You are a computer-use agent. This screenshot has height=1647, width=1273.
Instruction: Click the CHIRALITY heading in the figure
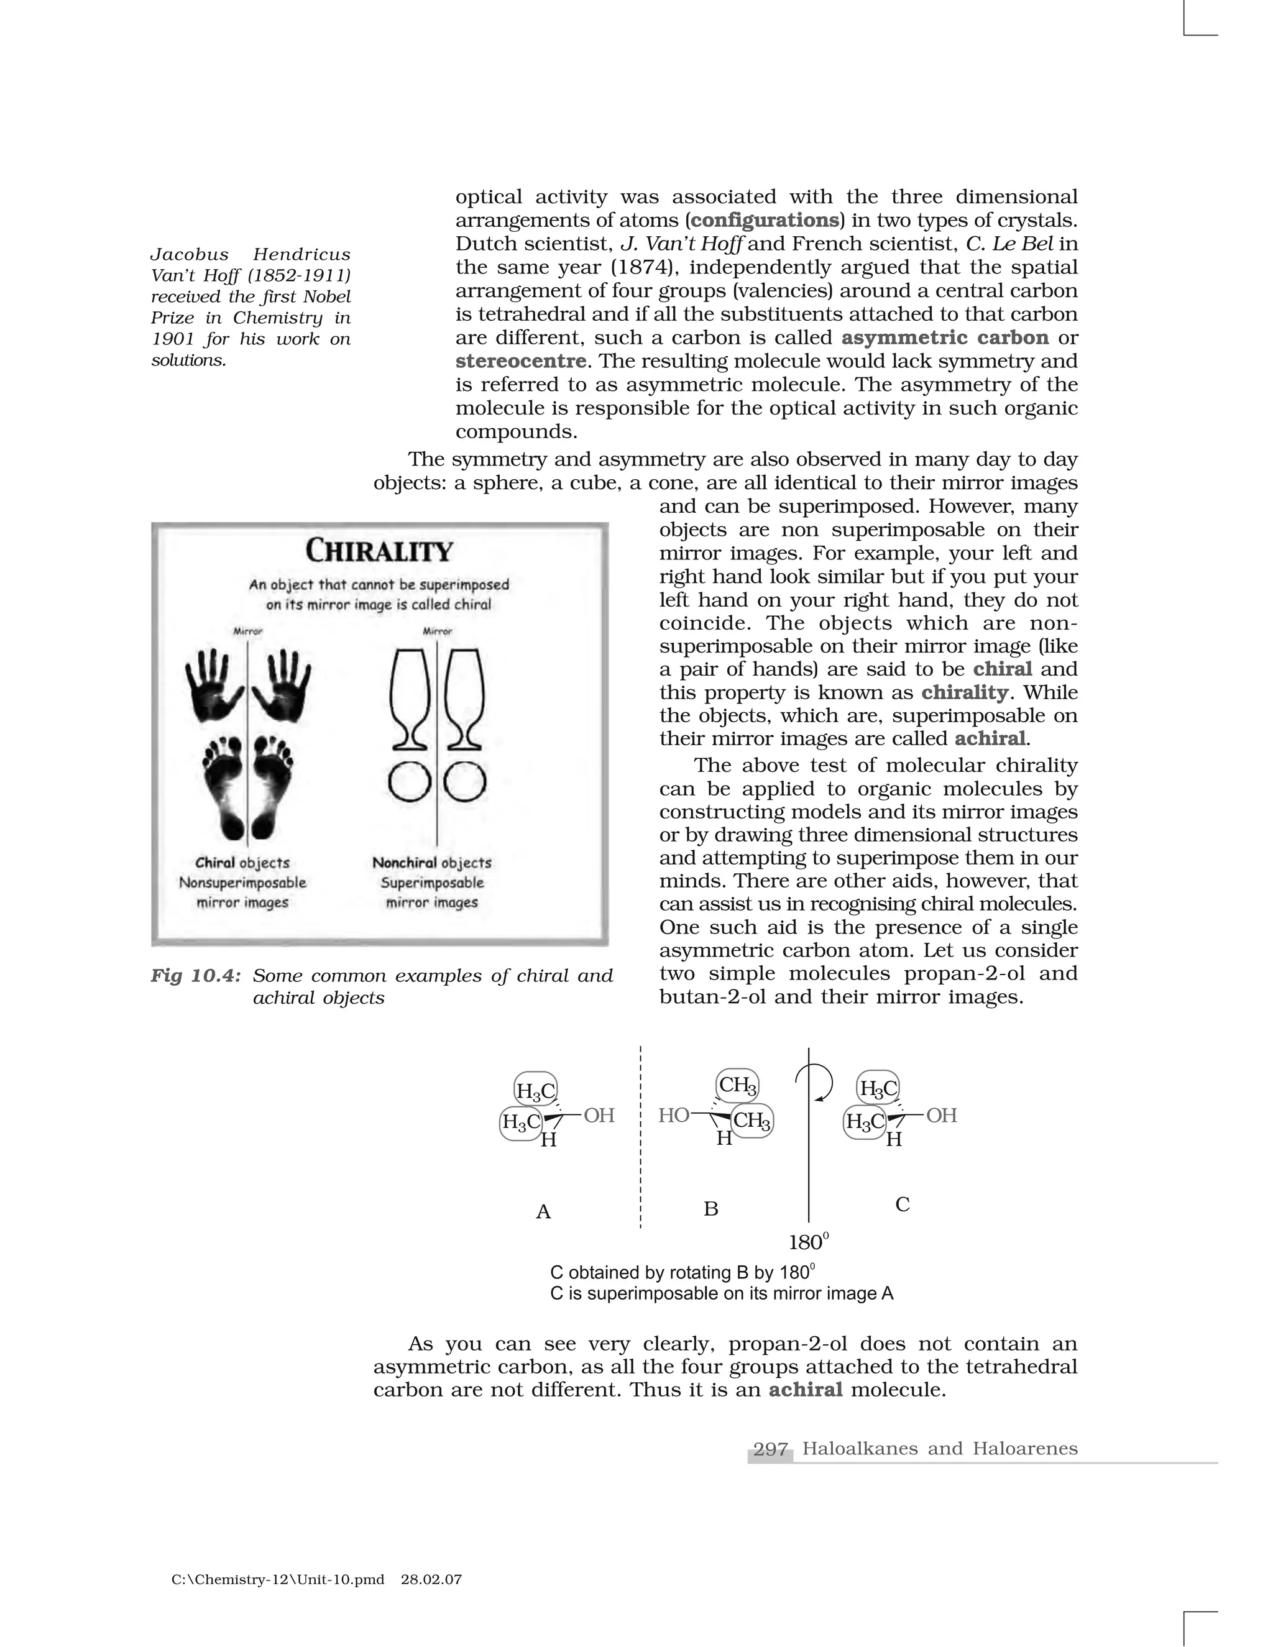pyautogui.click(x=379, y=551)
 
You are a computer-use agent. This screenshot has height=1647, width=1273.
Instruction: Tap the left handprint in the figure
pyautogui.click(x=215, y=686)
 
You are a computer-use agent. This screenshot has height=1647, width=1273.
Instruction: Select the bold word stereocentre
pyautogui.click(x=520, y=361)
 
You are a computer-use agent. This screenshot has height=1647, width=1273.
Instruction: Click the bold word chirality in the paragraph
pyautogui.click(x=964, y=692)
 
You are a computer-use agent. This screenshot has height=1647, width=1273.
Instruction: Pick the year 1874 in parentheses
pyautogui.click(x=648, y=268)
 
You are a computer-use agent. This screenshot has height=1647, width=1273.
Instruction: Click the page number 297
pyautogui.click(x=770, y=1449)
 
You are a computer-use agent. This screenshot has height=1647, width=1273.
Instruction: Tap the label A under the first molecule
pyautogui.click(x=543, y=1212)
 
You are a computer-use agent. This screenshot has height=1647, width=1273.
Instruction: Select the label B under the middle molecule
pyautogui.click(x=710, y=1209)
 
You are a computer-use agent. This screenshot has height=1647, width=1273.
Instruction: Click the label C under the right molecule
pyautogui.click(x=902, y=1205)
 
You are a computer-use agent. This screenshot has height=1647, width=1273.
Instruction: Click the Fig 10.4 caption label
pyautogui.click(x=195, y=976)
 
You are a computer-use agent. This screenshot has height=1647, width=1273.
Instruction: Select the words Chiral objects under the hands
pyautogui.click(x=242, y=863)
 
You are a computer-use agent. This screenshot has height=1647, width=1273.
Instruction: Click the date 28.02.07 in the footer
pyautogui.click(x=431, y=1579)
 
